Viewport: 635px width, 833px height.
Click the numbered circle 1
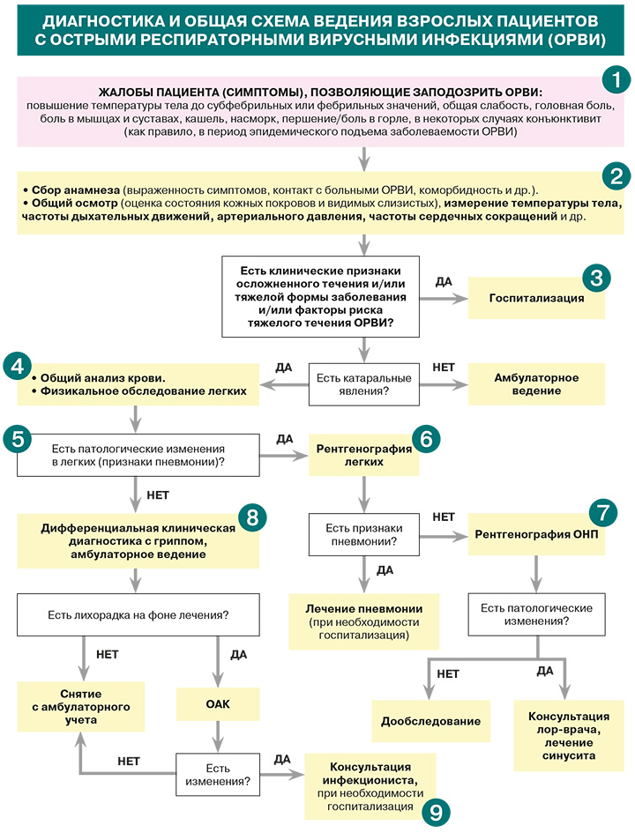tap(616, 79)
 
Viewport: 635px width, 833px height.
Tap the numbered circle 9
tap(436, 812)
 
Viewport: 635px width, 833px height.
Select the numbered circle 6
tap(426, 439)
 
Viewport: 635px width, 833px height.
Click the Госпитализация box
tap(536, 298)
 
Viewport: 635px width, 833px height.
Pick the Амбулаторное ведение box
tap(536, 384)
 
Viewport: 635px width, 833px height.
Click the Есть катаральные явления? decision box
tap(364, 384)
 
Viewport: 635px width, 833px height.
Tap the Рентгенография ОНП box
tap(536, 534)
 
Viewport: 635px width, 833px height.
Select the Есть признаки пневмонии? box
tap(364, 534)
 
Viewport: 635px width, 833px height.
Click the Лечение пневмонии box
tap(364, 621)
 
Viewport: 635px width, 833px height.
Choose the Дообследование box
tap(430, 721)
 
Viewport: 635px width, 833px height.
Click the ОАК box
tap(218, 704)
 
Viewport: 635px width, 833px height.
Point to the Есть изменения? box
tap(218, 775)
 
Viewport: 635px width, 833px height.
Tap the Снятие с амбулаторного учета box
tap(81, 707)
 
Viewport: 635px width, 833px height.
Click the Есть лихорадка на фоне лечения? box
tap(138, 614)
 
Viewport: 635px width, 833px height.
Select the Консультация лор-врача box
tap(569, 736)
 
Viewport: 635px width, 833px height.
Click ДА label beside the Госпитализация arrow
tap(444, 281)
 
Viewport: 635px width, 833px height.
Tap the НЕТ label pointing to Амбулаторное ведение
tap(444, 367)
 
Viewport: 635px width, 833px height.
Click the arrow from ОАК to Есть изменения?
tap(218, 736)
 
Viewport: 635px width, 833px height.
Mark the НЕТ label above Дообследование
tap(448, 673)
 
